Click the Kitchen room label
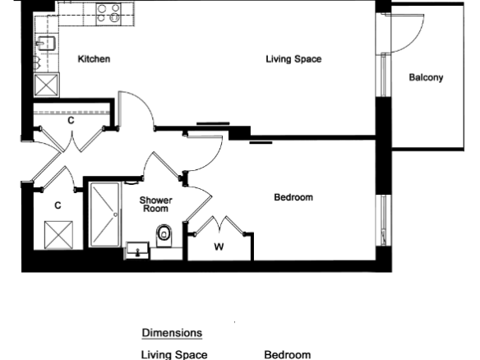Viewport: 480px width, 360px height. pos(94,59)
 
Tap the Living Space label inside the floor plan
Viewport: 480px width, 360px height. pos(293,59)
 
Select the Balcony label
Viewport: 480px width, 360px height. pos(426,77)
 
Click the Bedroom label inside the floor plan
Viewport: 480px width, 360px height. pos(293,197)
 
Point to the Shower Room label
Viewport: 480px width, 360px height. pos(156,205)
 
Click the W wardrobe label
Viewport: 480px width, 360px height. pos(219,247)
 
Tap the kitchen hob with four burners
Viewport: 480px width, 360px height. pos(108,13)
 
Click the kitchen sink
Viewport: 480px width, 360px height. pos(45,43)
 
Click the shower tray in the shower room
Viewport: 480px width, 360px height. pos(104,215)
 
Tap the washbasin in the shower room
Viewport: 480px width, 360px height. pos(137,251)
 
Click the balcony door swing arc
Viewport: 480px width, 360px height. pos(418,39)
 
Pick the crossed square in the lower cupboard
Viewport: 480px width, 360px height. pos(58,235)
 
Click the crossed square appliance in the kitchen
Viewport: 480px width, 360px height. pos(46,85)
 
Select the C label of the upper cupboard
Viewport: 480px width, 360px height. pos(71,121)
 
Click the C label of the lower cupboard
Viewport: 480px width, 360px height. pos(58,205)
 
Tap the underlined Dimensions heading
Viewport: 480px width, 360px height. pos(172,333)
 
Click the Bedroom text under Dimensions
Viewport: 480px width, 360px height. pos(287,355)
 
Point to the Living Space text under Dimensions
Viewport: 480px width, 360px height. pos(174,355)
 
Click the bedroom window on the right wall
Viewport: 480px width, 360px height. pos(383,219)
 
